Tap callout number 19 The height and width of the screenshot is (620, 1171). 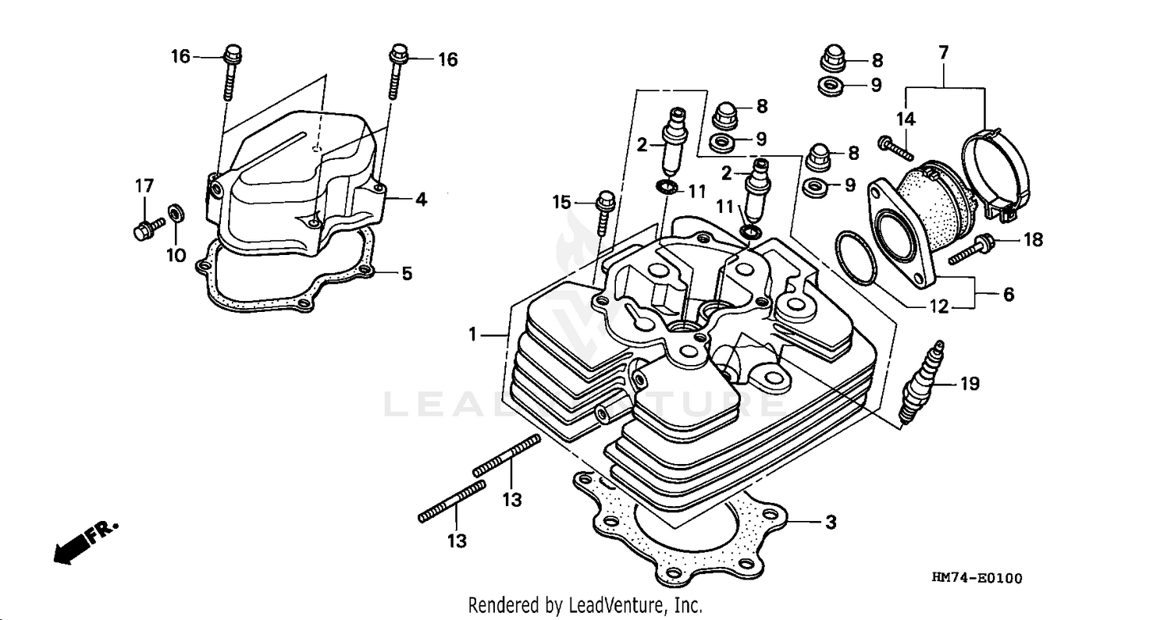[x=969, y=384]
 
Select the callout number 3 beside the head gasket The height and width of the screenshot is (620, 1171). [x=831, y=523]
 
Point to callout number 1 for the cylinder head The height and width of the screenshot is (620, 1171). [x=472, y=335]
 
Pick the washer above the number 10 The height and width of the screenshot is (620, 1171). [x=176, y=211]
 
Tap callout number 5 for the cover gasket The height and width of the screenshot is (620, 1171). [x=406, y=274]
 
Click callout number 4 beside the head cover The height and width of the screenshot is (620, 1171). [x=421, y=200]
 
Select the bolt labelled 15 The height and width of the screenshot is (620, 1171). [x=603, y=211]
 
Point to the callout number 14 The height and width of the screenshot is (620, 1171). [x=906, y=119]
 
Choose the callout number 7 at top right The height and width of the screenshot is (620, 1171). [x=943, y=53]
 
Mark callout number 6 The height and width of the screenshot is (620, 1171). [x=1009, y=296]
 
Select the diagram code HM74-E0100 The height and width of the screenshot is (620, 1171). [x=976, y=578]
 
